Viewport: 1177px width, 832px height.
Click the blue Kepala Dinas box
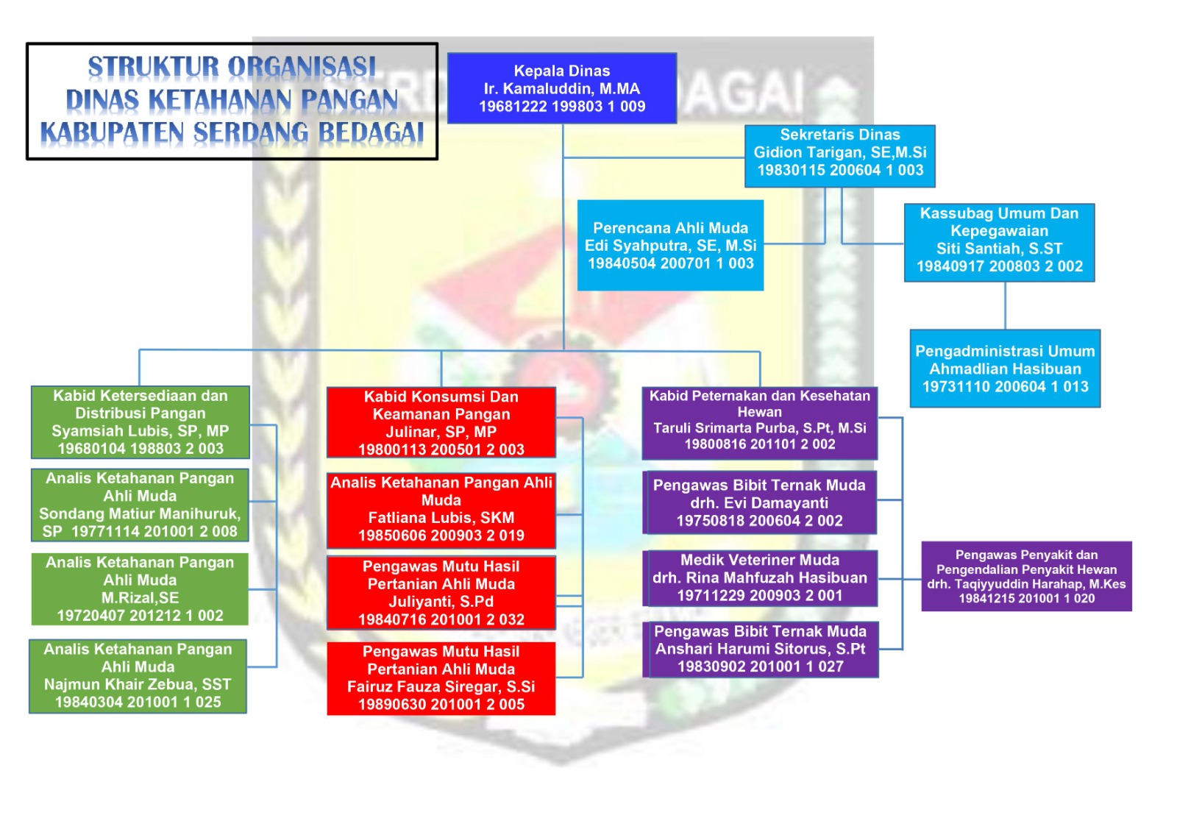coord(562,88)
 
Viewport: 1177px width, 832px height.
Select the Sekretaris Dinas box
coord(839,155)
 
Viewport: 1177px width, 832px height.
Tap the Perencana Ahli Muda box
coord(670,245)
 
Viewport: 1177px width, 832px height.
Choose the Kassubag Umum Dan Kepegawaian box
coord(1000,242)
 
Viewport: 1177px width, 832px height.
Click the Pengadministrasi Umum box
coord(1005,369)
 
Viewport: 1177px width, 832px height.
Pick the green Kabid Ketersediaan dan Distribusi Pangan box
coord(141,422)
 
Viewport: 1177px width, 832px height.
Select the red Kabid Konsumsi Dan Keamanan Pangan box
coord(441,422)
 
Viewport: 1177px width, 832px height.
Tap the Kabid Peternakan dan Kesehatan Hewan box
coord(760,422)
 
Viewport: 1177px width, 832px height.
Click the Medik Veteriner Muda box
coord(760,578)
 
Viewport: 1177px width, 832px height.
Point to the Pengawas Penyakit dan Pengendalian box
coord(1027,576)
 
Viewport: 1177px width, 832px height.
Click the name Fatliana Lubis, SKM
coord(441,518)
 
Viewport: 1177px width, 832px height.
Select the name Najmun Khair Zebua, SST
coord(138,684)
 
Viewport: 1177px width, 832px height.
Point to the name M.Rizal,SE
coord(141,597)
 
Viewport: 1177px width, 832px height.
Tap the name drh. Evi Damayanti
coord(759,503)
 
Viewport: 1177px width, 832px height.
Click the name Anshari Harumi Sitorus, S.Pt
coord(760,649)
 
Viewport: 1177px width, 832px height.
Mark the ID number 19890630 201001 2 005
coord(441,704)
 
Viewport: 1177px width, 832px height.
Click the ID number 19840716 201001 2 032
coord(441,619)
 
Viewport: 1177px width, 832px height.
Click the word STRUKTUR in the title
coord(154,67)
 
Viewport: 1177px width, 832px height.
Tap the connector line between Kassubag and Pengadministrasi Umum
coord(1005,305)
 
